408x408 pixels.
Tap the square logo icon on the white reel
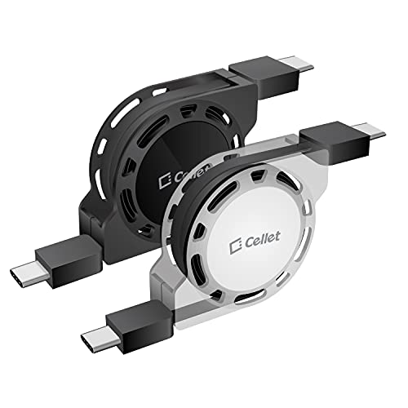236,247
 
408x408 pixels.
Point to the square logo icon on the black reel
165,181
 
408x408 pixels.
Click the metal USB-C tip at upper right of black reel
295,64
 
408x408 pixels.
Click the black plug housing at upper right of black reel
264,78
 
